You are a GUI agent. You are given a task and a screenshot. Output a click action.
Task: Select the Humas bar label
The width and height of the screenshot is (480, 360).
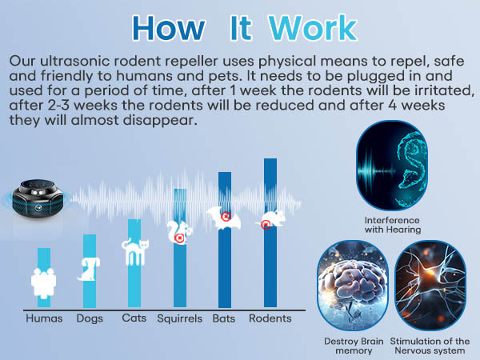pyautogui.click(x=44, y=318)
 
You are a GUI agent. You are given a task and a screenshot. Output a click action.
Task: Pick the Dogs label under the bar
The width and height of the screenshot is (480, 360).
pyautogui.click(x=90, y=318)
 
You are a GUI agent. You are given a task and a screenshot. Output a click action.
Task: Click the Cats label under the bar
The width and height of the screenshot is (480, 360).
pyautogui.click(x=134, y=318)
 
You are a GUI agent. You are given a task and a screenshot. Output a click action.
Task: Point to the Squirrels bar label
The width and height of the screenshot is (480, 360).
pyautogui.click(x=179, y=318)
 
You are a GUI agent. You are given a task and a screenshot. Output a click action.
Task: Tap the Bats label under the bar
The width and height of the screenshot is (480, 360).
pyautogui.click(x=224, y=318)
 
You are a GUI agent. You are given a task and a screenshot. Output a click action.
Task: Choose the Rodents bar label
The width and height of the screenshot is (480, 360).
pyautogui.click(x=270, y=318)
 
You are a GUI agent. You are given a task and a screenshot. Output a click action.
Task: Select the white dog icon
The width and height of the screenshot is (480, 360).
pyautogui.click(x=90, y=268)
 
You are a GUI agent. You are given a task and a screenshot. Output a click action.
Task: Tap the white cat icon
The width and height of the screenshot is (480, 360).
pyautogui.click(x=134, y=253)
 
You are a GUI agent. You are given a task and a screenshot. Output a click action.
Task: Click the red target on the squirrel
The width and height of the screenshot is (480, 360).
pyautogui.click(x=180, y=238)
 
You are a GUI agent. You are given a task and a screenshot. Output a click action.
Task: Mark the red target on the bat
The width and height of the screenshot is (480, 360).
pyautogui.click(x=226, y=216)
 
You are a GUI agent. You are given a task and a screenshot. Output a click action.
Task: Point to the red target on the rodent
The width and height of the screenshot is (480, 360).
pyautogui.click(x=266, y=225)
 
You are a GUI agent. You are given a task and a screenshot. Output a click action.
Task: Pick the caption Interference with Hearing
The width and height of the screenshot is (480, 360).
pyautogui.click(x=392, y=225)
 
